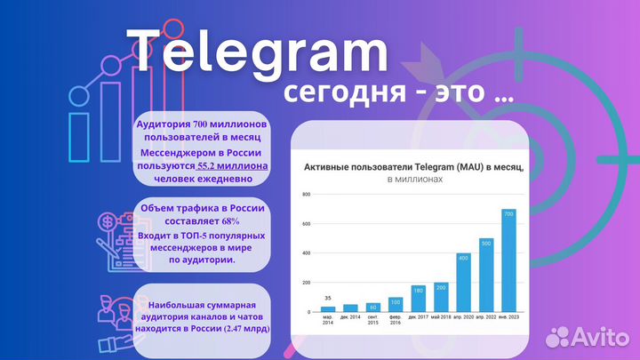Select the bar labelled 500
[486, 275]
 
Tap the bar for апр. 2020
[463, 282]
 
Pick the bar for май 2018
[441, 297]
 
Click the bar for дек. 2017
[418, 299]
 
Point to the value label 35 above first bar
[328, 298]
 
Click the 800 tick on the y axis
[305, 194]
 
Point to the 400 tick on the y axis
[305, 253]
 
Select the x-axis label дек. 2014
[351, 317]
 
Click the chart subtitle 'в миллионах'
[414, 180]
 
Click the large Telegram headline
[258, 50]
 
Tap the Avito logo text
[597, 336]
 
